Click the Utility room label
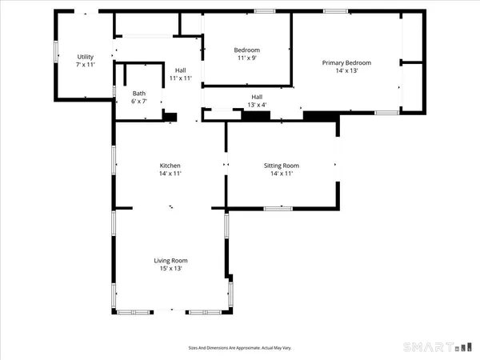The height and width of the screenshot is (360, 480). click(x=86, y=57)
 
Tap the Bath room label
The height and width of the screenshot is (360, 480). click(x=139, y=94)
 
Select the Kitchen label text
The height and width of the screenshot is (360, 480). click(x=170, y=166)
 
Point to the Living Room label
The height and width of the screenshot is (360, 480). click(x=170, y=261)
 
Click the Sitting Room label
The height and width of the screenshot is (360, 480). click(x=281, y=166)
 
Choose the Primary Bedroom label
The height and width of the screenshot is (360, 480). click(x=346, y=62)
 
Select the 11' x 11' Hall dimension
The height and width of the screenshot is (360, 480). click(x=180, y=78)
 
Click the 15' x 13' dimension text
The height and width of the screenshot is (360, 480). click(x=170, y=269)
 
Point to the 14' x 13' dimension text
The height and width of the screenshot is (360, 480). click(x=346, y=70)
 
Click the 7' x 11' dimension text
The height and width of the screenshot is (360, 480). click(x=86, y=64)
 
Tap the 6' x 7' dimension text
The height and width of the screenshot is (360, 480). click(x=139, y=102)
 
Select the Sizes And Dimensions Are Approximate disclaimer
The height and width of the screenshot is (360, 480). click(x=239, y=348)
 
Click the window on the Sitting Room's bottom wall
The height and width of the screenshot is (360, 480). click(x=278, y=208)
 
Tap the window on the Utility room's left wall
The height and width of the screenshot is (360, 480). click(x=56, y=50)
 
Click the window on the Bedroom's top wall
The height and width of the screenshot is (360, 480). click(x=265, y=11)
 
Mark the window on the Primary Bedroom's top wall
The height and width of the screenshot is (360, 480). click(x=335, y=11)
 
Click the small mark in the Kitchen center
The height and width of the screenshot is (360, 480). click(x=170, y=207)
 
